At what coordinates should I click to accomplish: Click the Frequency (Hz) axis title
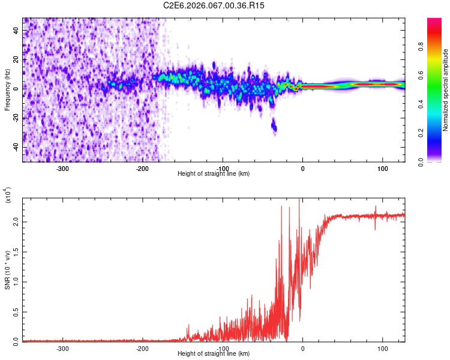coord(7,90)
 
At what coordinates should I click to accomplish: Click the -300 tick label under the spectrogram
coord(62,168)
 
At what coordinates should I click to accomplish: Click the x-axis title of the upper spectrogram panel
coord(214,174)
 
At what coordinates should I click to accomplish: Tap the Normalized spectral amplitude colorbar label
coord(445,90)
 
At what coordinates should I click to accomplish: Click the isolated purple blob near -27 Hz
coord(274,125)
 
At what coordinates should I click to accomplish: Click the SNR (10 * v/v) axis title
coord(7,269)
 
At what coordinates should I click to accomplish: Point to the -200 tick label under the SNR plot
coord(142,348)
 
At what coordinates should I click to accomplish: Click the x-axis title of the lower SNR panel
coord(214,354)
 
